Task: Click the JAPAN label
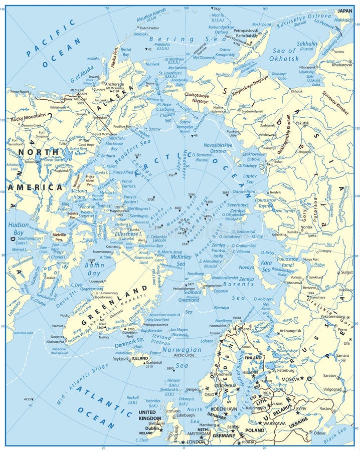click(x=344, y=11)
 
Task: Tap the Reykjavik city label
click(x=120, y=359)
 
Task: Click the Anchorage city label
click(x=114, y=84)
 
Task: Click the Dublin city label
click(x=151, y=428)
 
